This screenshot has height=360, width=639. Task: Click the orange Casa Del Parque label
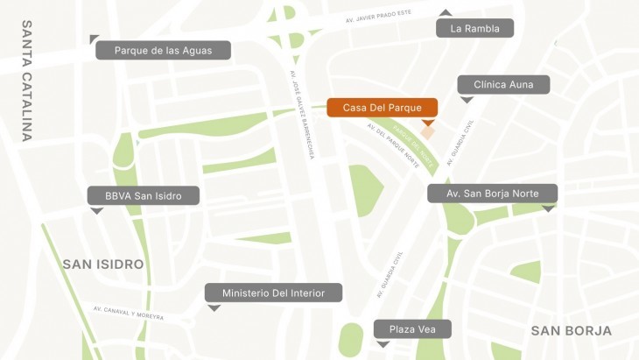382,108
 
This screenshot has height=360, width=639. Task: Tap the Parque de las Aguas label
163,50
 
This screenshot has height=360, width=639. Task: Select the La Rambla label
474,29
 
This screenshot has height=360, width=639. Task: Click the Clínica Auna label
503,85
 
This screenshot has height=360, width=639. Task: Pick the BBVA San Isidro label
144,195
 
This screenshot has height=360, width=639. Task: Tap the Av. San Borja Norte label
492,193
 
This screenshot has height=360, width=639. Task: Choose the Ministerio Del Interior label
273,293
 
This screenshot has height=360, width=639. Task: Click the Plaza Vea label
412,328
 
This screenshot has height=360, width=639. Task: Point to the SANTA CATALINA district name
26,81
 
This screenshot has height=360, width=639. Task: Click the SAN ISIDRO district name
102,264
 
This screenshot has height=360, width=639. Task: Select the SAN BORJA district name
571,330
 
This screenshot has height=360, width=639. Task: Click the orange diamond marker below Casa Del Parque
429,131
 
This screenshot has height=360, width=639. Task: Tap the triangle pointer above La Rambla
446,12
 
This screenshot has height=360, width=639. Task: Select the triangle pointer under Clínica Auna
467,100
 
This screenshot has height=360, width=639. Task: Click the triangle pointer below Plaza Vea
383,344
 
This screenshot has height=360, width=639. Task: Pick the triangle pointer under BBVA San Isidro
96,211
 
